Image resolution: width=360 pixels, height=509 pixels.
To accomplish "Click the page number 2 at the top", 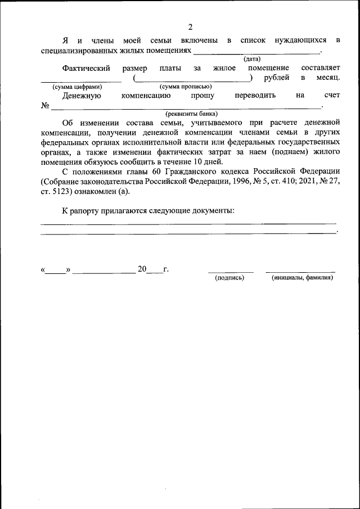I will coord(190,27).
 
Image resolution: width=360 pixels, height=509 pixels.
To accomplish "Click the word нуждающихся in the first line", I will coord(300,40).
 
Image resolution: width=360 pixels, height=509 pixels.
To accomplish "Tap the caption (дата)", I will coord(251,59).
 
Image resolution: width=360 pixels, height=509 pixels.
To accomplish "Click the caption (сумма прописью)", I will coord(186,87).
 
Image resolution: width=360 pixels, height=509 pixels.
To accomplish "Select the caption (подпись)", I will coord(229,277).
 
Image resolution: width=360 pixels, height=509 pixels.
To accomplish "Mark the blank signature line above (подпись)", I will coord(231,271).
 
